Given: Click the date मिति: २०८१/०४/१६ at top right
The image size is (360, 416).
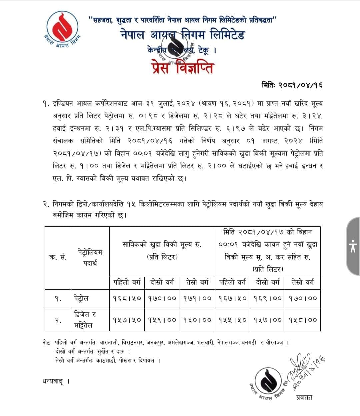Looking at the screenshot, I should [x=292, y=85].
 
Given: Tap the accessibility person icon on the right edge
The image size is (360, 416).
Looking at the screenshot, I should [x=353, y=246].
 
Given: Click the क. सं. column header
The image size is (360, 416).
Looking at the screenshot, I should [x=58, y=257].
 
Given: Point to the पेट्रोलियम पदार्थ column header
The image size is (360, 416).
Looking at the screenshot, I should [x=90, y=257].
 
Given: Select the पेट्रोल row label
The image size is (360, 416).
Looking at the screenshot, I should [x=82, y=298].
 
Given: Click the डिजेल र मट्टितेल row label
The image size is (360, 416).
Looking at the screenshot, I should [x=85, y=320].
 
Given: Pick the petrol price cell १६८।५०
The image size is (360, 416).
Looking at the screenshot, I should [x=127, y=298].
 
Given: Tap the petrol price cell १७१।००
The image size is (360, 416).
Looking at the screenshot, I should [x=197, y=298].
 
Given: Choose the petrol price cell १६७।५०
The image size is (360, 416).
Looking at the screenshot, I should [x=233, y=298].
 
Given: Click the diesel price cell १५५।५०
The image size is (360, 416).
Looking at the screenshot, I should [x=233, y=320].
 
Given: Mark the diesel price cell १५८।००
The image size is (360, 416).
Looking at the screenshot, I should [x=303, y=320].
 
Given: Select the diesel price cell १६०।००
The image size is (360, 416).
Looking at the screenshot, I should [x=197, y=320].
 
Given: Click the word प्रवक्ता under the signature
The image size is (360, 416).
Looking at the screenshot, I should [x=304, y=397].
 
